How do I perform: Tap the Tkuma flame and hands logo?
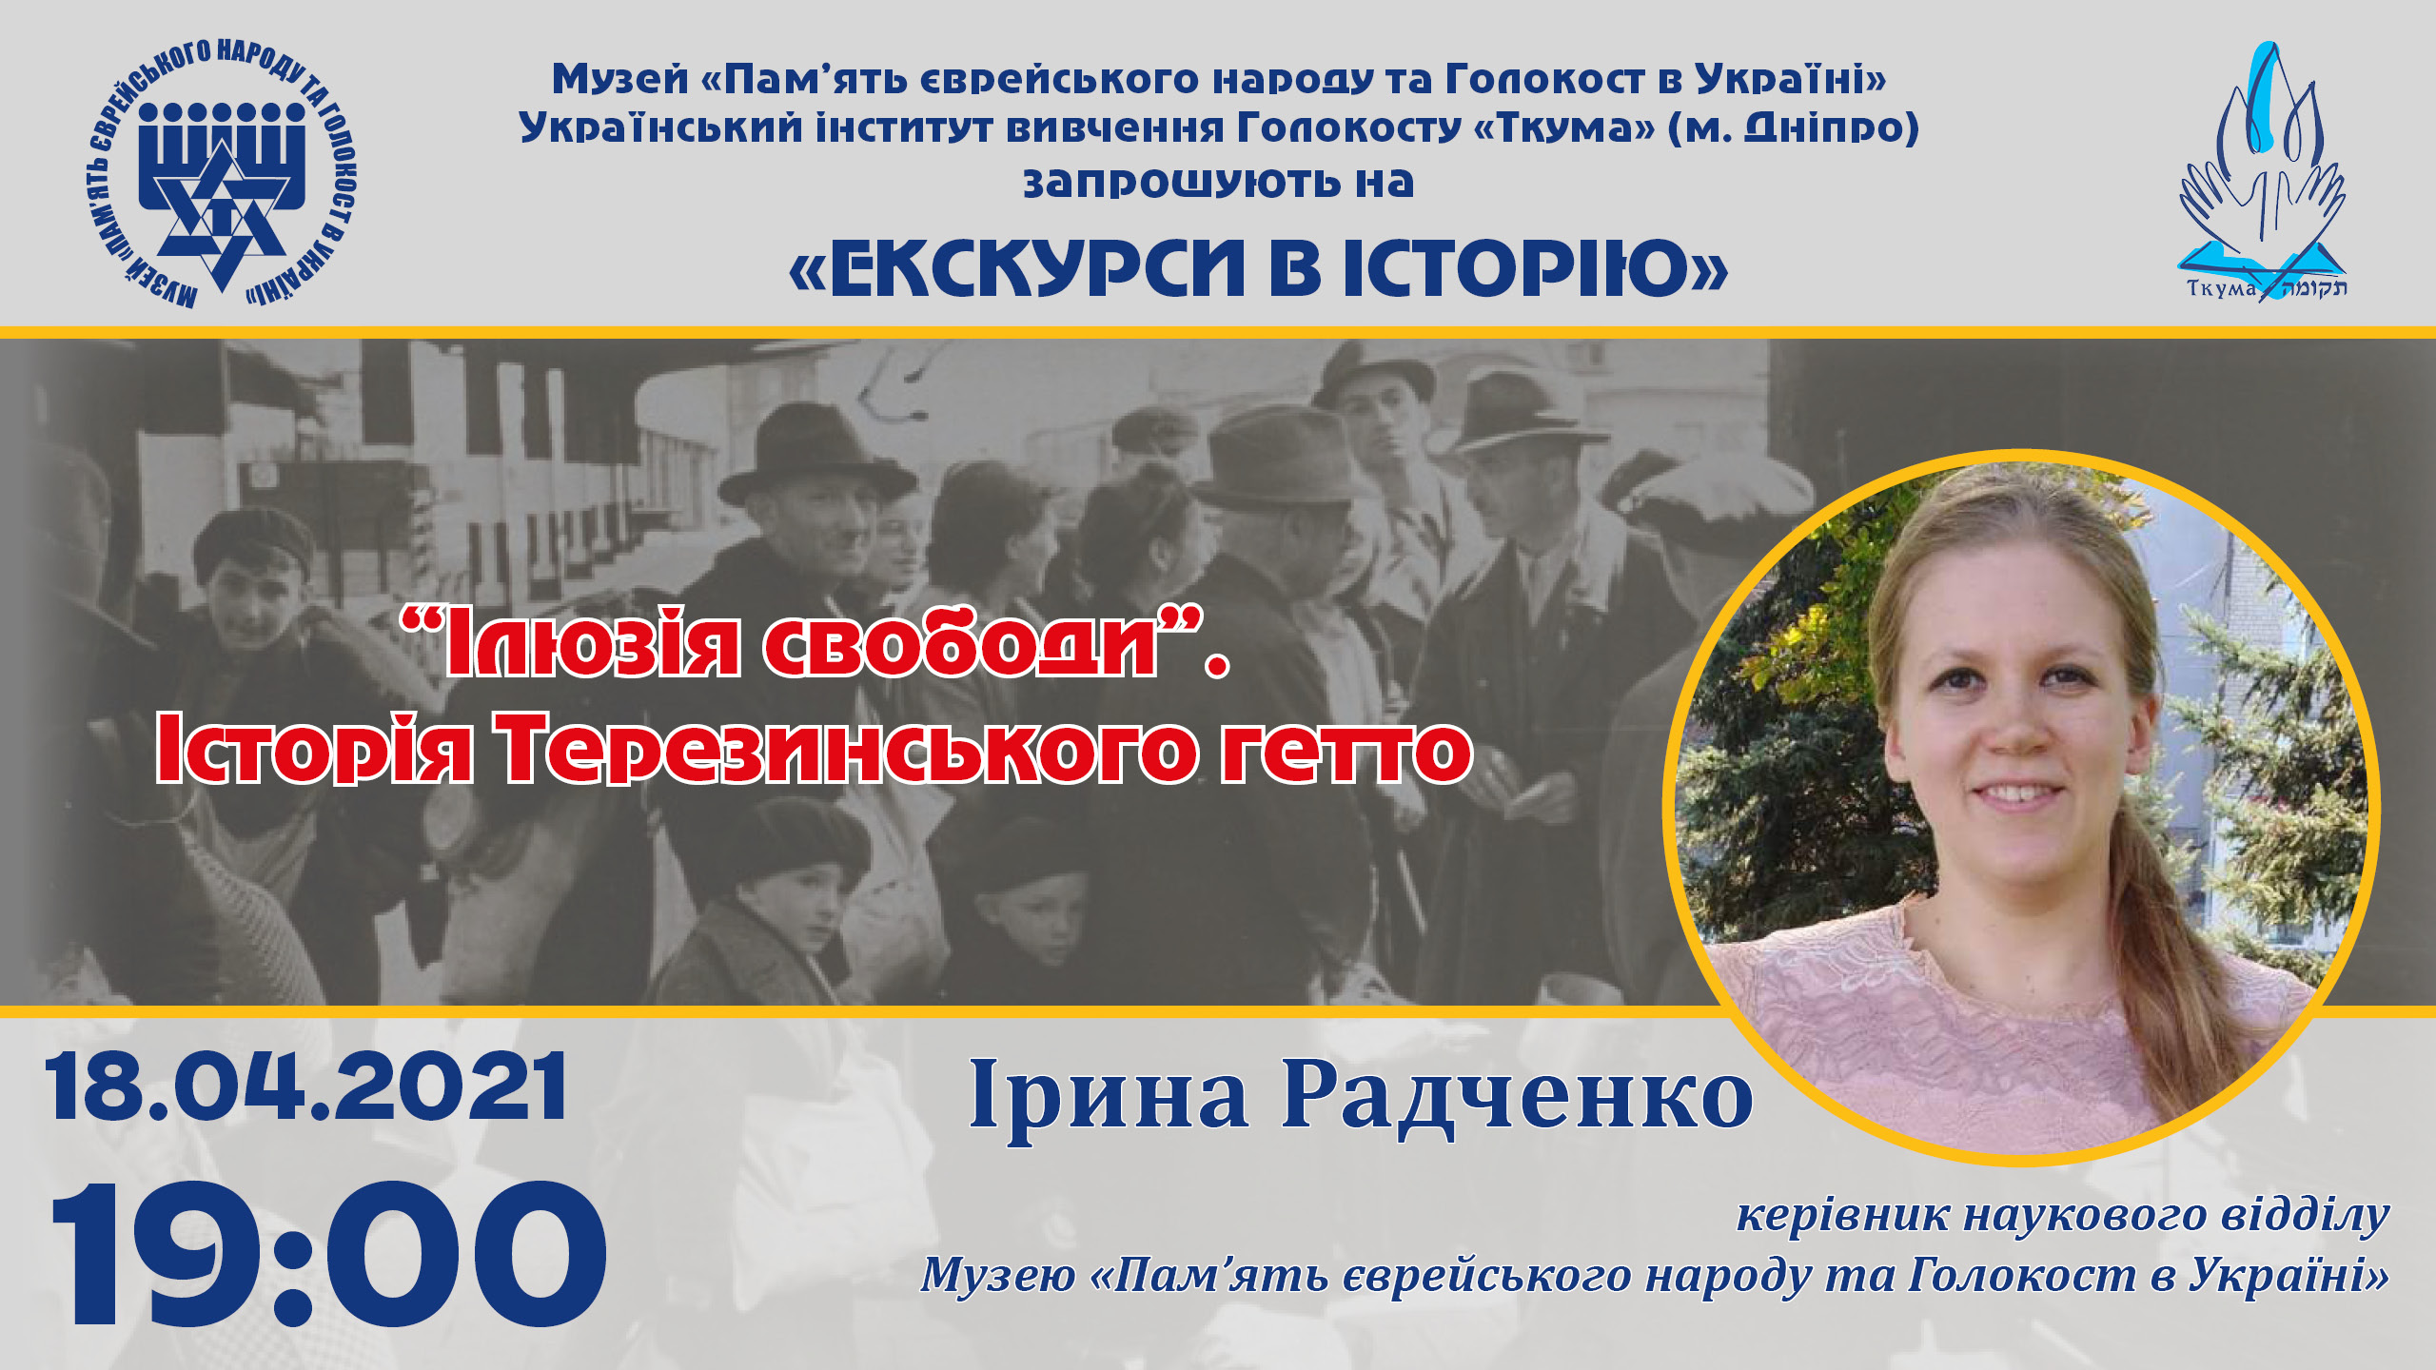(x=2263, y=171)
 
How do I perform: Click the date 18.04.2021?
(x=306, y=1087)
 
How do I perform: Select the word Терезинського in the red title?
(x=851, y=750)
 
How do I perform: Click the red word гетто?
(x=1346, y=752)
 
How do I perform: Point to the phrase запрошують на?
(x=1218, y=182)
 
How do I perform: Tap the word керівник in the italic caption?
(x=1842, y=1216)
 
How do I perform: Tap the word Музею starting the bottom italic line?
(x=998, y=1275)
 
